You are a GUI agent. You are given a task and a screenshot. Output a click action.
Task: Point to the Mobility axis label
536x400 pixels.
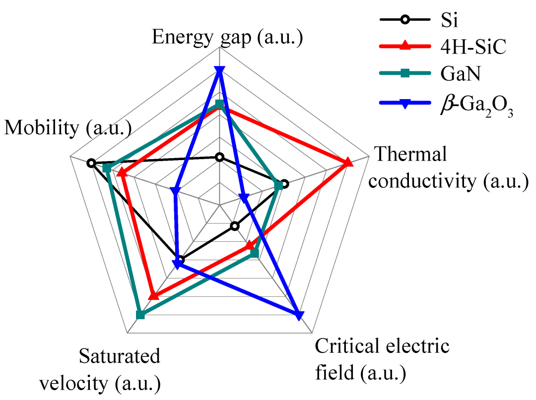68,128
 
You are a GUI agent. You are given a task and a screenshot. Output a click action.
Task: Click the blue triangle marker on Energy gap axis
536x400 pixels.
219,70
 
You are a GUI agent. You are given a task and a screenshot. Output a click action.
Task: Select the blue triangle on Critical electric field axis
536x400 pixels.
298,315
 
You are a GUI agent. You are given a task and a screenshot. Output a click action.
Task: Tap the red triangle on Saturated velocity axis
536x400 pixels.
154,295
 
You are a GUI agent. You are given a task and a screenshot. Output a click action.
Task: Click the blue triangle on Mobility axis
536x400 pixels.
174,191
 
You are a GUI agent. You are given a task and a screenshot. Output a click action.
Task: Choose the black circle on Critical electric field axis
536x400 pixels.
235,227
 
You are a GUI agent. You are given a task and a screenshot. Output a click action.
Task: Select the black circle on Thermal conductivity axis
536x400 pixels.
284,184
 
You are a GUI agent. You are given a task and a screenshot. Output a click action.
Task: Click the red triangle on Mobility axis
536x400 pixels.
121,173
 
